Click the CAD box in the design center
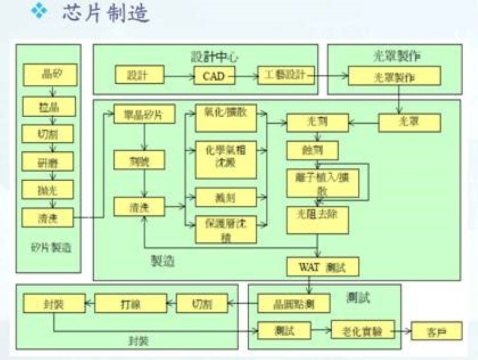tap(214, 75)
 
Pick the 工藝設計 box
tap(285, 75)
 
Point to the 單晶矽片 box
tap(144, 114)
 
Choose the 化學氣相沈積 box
tap(226, 157)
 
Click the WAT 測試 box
tap(323, 266)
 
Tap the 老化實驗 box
tap(363, 329)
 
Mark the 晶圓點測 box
tap(293, 303)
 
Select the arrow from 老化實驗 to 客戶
tap(403, 330)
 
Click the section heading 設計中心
tap(215, 57)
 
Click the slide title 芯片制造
tap(105, 14)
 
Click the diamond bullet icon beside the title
tap(39, 13)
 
